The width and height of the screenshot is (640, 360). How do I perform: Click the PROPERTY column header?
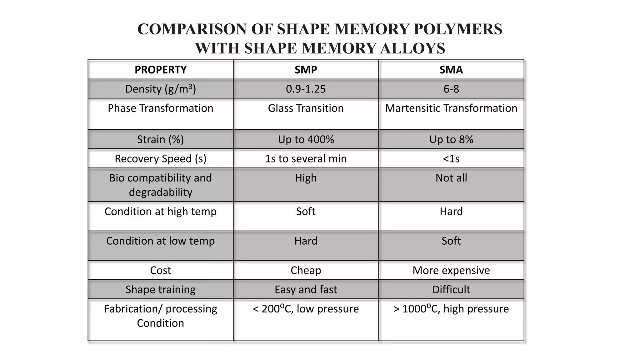[x=160, y=70]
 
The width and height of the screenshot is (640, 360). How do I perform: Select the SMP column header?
[x=306, y=70]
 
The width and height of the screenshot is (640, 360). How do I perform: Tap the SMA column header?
[x=451, y=70]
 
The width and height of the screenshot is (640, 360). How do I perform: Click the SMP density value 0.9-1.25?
[x=306, y=89]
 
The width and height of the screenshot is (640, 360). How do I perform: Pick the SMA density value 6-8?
[x=451, y=89]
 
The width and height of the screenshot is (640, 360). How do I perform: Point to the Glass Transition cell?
[x=306, y=108]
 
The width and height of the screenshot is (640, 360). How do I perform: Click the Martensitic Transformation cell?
[x=451, y=108]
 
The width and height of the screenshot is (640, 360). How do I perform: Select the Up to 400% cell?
[x=306, y=139]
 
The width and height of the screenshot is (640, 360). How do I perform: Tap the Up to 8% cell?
[x=451, y=139]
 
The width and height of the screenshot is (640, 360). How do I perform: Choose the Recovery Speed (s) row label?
[x=160, y=159]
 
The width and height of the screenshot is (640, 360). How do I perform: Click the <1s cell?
[x=451, y=159]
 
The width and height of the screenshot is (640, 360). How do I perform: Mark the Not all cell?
[x=451, y=178]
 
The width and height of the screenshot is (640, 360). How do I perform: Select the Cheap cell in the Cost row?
[x=306, y=270]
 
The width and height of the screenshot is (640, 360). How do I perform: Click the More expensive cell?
[x=451, y=270]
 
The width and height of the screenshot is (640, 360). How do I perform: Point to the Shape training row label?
[x=160, y=290]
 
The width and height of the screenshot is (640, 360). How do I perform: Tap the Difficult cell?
[x=451, y=290]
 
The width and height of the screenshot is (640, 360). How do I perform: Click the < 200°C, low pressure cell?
[x=306, y=309]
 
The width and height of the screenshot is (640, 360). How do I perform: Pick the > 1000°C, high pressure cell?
[x=451, y=309]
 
